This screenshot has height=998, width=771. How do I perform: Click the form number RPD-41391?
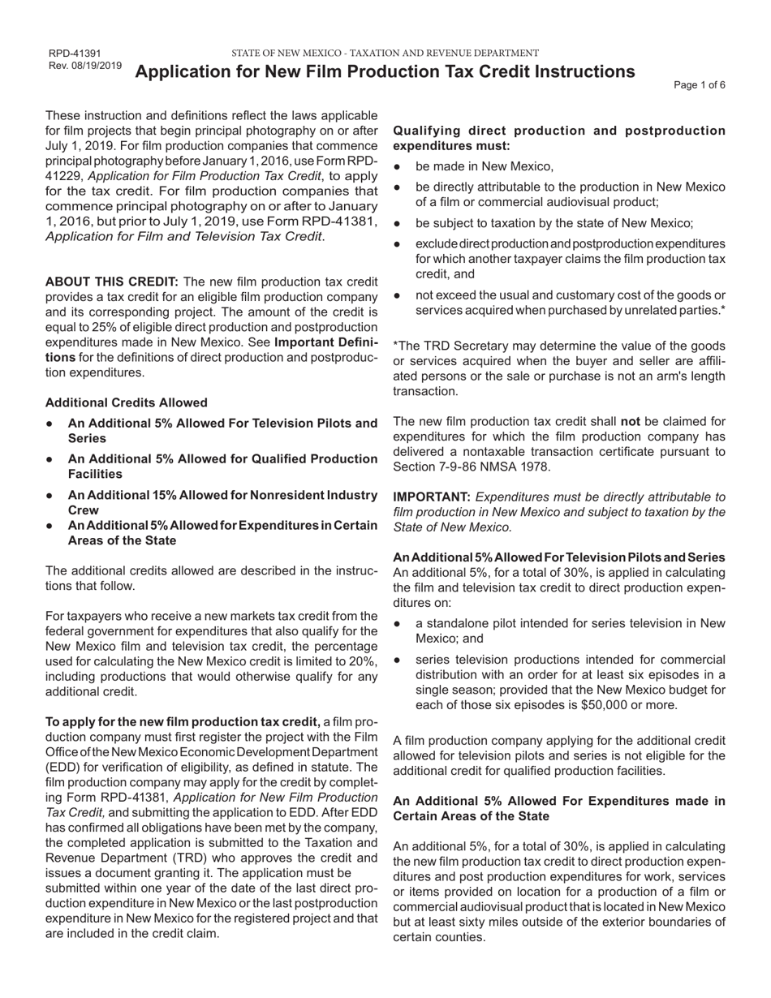pyautogui.click(x=75, y=54)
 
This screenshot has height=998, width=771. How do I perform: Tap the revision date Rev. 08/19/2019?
pyautogui.click(x=85, y=66)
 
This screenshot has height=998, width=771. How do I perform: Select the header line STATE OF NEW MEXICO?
pyautogui.click(x=385, y=53)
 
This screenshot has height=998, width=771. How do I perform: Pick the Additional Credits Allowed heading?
pyautogui.click(x=126, y=402)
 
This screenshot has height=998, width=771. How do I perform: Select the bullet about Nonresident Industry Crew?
pyautogui.click(x=222, y=502)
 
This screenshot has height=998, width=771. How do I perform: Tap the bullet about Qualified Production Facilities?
pyautogui.click(x=222, y=467)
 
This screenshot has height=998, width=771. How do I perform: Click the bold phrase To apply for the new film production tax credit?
pyautogui.click(x=183, y=722)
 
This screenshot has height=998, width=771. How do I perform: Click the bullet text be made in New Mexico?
pyautogui.click(x=485, y=166)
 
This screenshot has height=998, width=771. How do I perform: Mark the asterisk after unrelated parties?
pyautogui.click(x=723, y=310)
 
